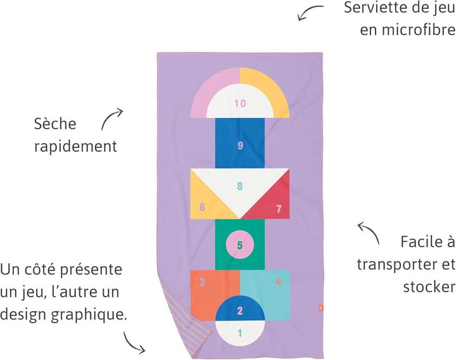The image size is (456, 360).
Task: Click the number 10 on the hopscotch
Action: pyautogui.click(x=239, y=103)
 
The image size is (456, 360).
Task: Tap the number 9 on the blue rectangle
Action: pyautogui.click(x=240, y=146)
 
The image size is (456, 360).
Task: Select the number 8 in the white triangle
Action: pyautogui.click(x=240, y=186)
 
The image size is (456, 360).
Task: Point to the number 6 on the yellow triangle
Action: pyautogui.click(x=202, y=207)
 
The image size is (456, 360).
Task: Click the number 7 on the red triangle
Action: pyautogui.click(x=278, y=209)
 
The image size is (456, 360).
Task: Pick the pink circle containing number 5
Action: pyautogui.click(x=240, y=245)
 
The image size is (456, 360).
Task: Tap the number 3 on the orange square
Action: pyautogui.click(x=202, y=281)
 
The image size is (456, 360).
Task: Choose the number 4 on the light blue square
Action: pyautogui.click(x=278, y=281)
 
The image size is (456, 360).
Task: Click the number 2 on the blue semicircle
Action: pyautogui.click(x=240, y=311)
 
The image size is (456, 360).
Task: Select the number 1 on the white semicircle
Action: pyautogui.click(x=240, y=332)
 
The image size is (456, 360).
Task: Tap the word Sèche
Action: pyautogui.click(x=54, y=124)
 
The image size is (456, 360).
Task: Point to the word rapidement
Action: pyautogui.click(x=75, y=146)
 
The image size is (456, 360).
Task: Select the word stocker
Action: pyautogui.click(x=429, y=286)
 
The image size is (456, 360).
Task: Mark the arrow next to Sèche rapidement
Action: pyautogui.click(x=111, y=119)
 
